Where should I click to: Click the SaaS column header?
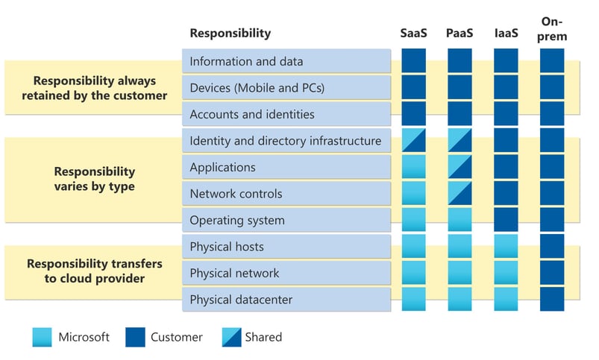(x=414, y=33)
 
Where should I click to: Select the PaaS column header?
(x=460, y=33)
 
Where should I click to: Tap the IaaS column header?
(x=506, y=33)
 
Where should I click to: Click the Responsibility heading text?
(x=230, y=33)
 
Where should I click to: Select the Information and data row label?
(x=246, y=61)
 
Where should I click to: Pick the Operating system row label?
(x=237, y=221)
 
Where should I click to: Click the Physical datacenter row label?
(x=241, y=300)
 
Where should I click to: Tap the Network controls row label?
(x=236, y=194)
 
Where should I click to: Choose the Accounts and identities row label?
(x=252, y=114)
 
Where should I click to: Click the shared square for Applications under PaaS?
(x=460, y=167)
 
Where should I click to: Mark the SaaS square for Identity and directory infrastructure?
(x=414, y=140)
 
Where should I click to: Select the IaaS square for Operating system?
(x=506, y=220)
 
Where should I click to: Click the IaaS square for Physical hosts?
(x=506, y=247)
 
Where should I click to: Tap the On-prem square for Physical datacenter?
(x=552, y=300)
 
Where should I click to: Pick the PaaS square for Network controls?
(x=460, y=194)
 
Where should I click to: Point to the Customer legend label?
(x=177, y=337)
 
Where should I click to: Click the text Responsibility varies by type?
(x=93, y=179)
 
